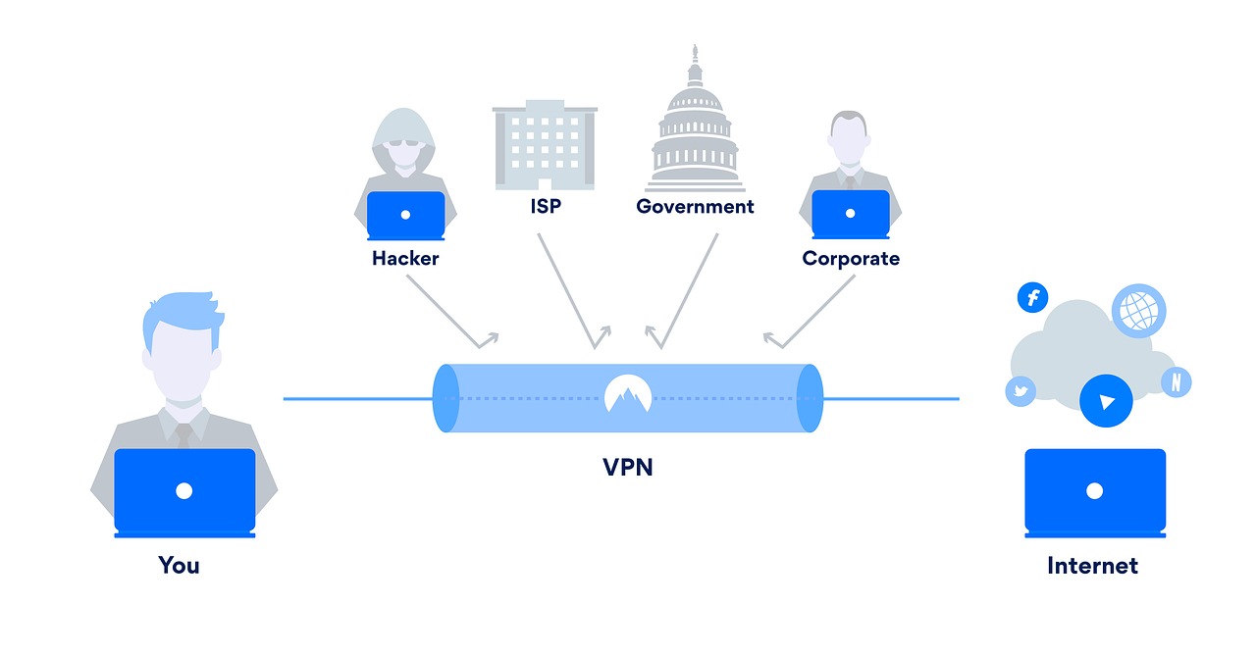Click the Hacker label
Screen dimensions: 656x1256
(405, 259)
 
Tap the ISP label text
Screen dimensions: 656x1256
(545, 208)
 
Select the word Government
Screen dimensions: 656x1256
(695, 207)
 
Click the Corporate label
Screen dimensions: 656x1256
(850, 259)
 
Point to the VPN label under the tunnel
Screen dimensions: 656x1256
(627, 467)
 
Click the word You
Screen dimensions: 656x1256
(179, 566)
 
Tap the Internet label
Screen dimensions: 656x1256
(1092, 566)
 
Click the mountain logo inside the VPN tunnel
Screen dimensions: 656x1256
(627, 394)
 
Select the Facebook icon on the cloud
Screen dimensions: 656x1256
(1032, 297)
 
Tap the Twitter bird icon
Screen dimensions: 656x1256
(1020, 391)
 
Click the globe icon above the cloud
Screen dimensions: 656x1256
(1138, 311)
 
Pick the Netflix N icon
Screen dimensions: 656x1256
(1176, 382)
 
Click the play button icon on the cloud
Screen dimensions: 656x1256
(1106, 401)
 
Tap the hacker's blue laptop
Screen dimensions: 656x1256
(405, 214)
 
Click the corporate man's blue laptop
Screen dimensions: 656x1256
(851, 213)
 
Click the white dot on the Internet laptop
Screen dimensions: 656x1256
(1095, 490)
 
